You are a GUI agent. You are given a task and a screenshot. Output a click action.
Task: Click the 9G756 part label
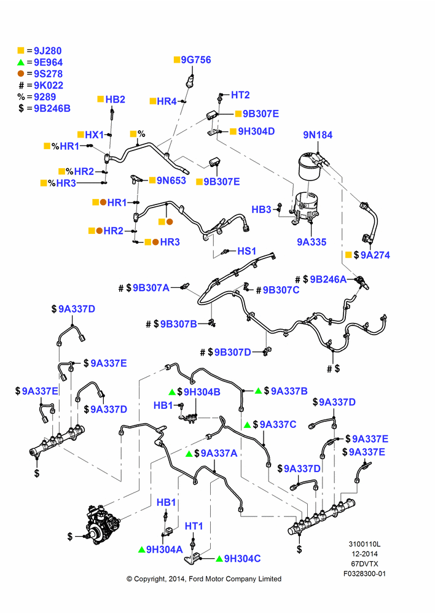[196, 60]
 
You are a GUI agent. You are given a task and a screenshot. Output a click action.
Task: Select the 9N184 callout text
[318, 135]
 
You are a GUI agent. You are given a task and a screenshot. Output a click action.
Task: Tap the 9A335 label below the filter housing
[312, 242]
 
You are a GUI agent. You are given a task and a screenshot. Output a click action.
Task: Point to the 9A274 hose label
[375, 255]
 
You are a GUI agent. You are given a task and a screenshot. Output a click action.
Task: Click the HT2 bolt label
[240, 95]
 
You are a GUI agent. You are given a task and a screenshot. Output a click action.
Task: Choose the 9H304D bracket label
[256, 131]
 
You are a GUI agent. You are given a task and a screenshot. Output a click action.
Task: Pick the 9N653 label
[171, 181]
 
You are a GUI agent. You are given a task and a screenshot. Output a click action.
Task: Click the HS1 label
[247, 251]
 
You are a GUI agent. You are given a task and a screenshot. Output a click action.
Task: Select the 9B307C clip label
[281, 290]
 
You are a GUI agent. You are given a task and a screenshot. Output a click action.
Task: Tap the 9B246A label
[328, 279]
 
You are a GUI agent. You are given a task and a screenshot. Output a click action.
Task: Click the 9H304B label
[202, 392]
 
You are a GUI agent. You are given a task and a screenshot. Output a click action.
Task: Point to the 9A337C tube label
[278, 424]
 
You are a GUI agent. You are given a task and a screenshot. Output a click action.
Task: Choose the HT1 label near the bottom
[194, 526]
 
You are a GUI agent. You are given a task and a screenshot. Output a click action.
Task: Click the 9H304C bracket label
[242, 559]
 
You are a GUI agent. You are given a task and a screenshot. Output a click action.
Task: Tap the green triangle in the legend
[21, 62]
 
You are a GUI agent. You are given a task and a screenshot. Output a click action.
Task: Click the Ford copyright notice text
[204, 579]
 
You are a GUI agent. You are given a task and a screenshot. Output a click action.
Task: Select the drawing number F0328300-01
[364, 573]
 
